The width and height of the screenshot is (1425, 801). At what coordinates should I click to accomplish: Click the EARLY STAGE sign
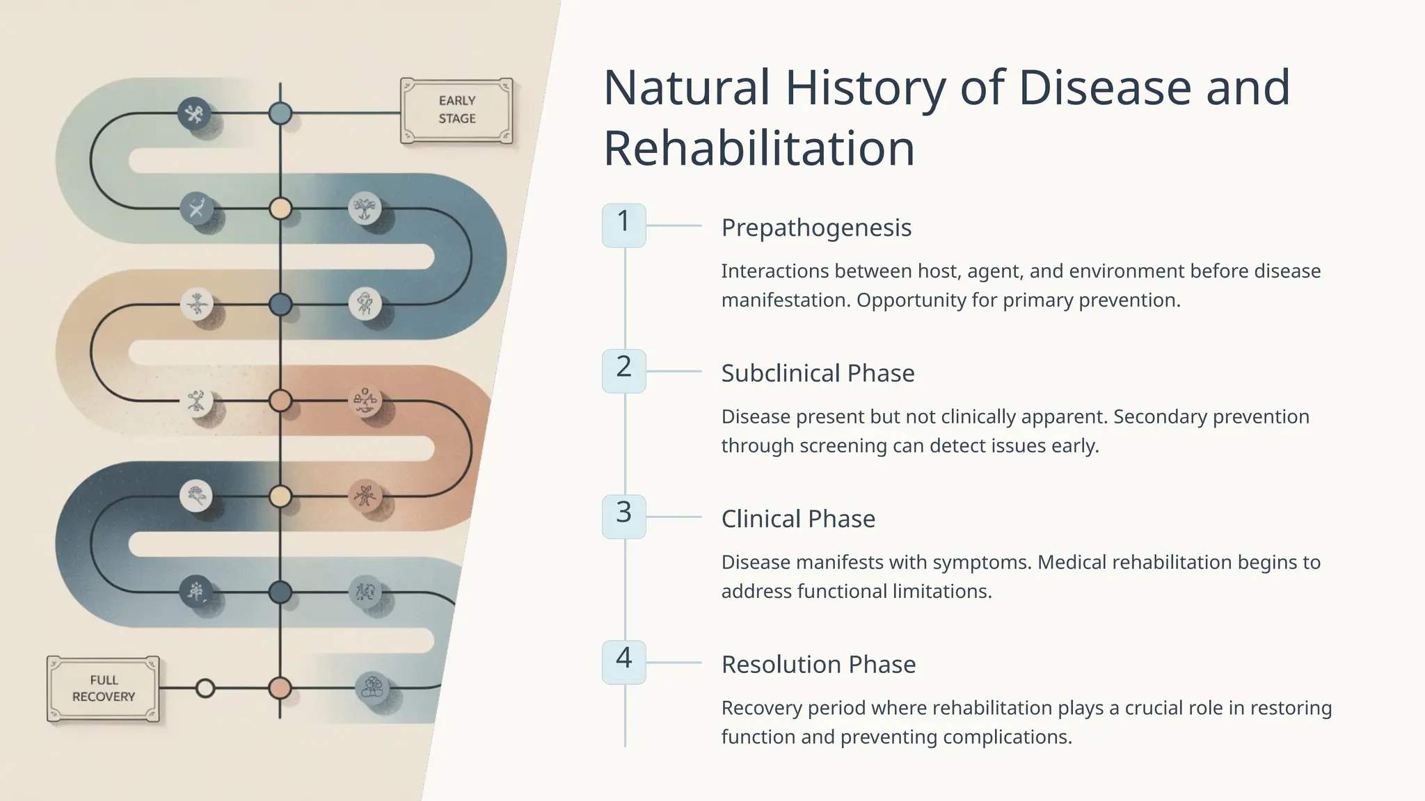point(456,110)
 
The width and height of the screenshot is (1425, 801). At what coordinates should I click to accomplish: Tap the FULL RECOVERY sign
point(103,688)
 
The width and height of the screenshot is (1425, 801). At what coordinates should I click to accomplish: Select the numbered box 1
point(623,224)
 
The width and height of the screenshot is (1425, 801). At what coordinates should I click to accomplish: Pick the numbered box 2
point(623,370)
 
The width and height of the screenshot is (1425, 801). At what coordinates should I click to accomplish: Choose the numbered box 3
point(623,515)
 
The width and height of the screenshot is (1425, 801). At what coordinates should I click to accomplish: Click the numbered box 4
point(623,661)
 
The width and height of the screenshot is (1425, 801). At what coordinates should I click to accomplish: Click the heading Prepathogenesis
point(816,227)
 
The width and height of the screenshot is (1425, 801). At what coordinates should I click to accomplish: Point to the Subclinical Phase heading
point(818,373)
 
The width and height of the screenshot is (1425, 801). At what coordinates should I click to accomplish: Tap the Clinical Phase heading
point(798,519)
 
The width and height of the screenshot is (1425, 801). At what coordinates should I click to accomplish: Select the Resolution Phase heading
point(818,665)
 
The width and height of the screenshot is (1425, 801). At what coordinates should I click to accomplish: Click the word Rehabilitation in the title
point(758,148)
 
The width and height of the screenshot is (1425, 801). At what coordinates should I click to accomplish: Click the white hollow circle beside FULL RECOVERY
point(205,688)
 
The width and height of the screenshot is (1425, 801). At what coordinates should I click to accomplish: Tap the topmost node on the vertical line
point(280,113)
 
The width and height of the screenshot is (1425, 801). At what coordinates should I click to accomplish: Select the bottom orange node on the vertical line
point(280,688)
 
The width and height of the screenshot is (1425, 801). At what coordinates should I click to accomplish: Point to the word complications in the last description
point(1005,737)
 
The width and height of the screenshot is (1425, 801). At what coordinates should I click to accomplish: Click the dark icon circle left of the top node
point(194,113)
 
